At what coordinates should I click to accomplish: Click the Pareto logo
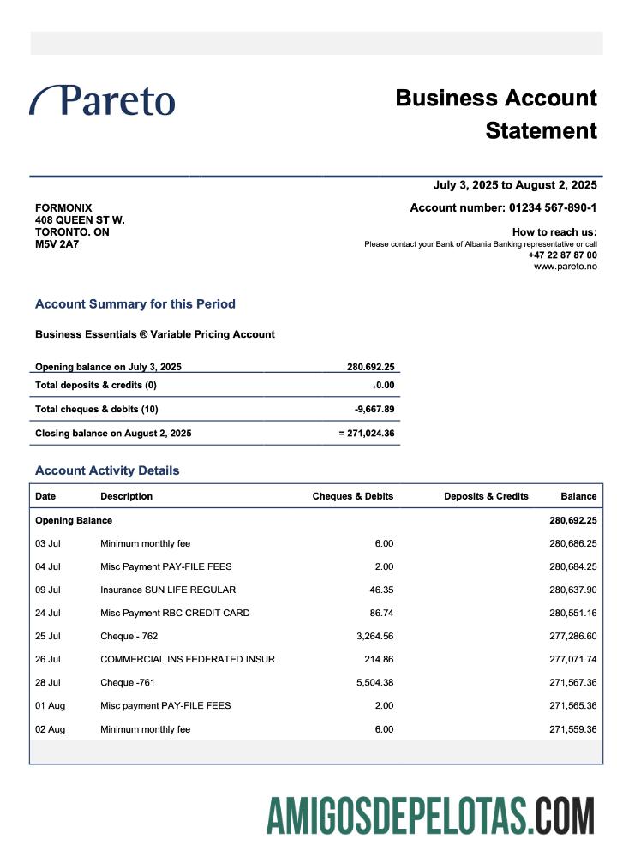point(103,100)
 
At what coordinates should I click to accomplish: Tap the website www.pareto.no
point(565,267)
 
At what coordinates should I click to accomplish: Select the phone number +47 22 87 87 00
point(562,255)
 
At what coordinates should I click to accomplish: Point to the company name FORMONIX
point(63,207)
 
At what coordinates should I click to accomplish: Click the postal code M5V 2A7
point(57,244)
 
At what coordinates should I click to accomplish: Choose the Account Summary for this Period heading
point(135,303)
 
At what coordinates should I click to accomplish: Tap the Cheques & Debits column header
point(352,496)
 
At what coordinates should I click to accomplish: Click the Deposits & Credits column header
point(486,496)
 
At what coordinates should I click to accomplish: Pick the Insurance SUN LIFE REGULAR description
point(168,590)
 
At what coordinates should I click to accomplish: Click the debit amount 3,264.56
point(374,636)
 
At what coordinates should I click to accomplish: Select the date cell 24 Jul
point(47,613)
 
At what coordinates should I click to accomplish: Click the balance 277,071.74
point(572,659)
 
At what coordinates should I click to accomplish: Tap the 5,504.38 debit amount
point(374,682)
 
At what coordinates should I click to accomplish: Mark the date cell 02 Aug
point(50,729)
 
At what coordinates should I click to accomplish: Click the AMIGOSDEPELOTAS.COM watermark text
point(430,815)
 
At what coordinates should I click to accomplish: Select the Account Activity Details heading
point(107,470)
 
